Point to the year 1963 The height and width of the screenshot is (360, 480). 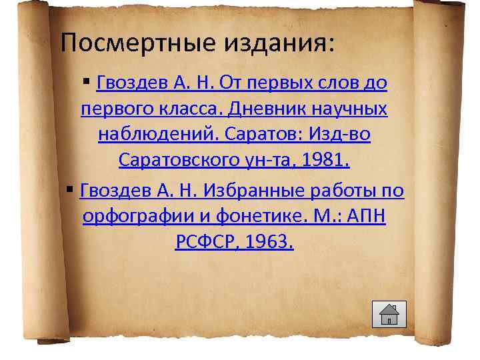tap(268, 243)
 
